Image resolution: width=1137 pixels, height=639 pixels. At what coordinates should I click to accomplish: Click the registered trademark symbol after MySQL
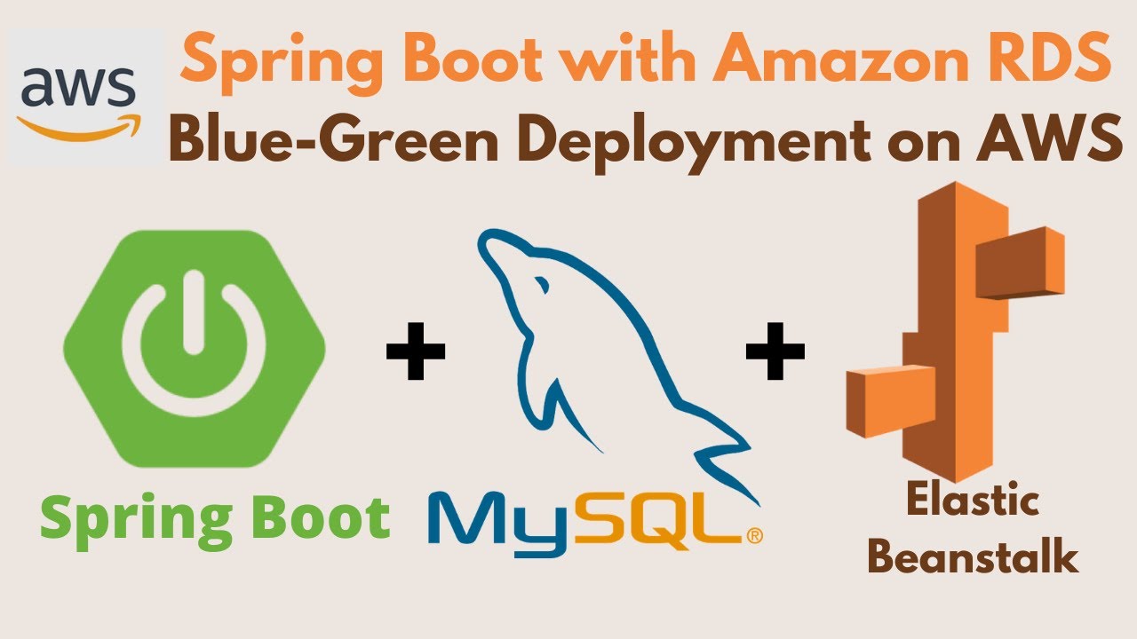(x=753, y=535)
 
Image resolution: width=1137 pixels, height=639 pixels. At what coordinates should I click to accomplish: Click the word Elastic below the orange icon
(x=972, y=503)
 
